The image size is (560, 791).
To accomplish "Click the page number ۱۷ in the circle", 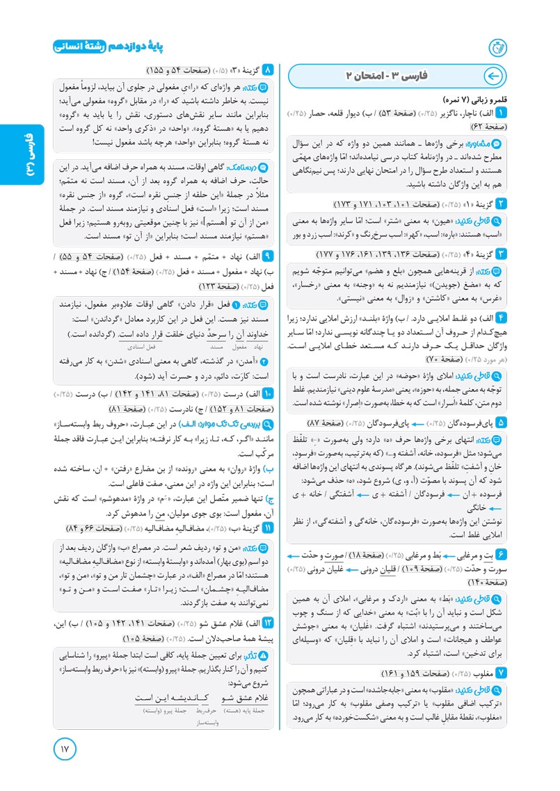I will tap(66, 751).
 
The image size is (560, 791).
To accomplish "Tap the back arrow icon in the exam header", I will tap(493, 76).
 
